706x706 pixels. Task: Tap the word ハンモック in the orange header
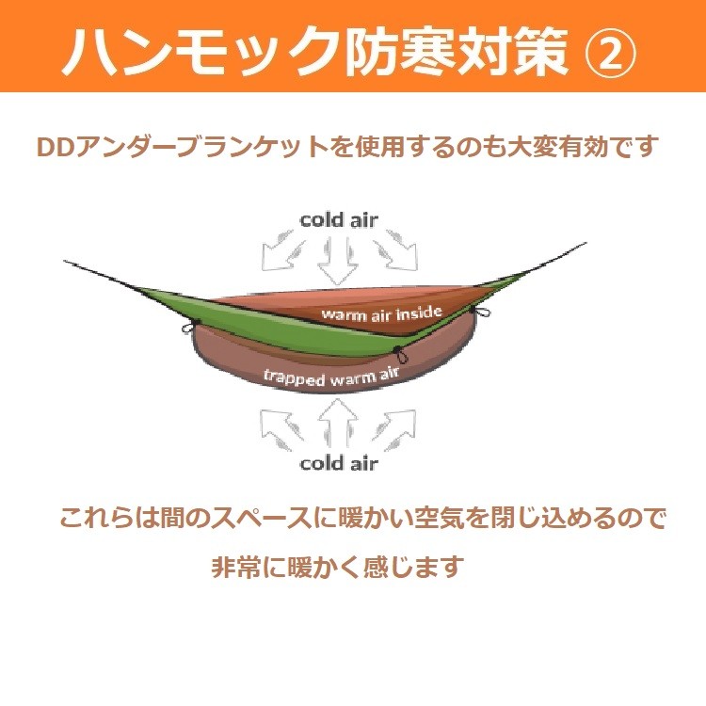(x=201, y=52)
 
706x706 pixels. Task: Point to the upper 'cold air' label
(x=339, y=220)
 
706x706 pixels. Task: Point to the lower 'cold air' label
(x=339, y=464)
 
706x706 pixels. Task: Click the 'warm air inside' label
(x=382, y=313)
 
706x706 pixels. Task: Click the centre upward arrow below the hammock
(x=338, y=423)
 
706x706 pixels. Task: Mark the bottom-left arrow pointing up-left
(x=281, y=429)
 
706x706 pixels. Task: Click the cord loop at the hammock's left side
(x=189, y=327)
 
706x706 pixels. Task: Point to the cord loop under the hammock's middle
(x=400, y=355)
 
